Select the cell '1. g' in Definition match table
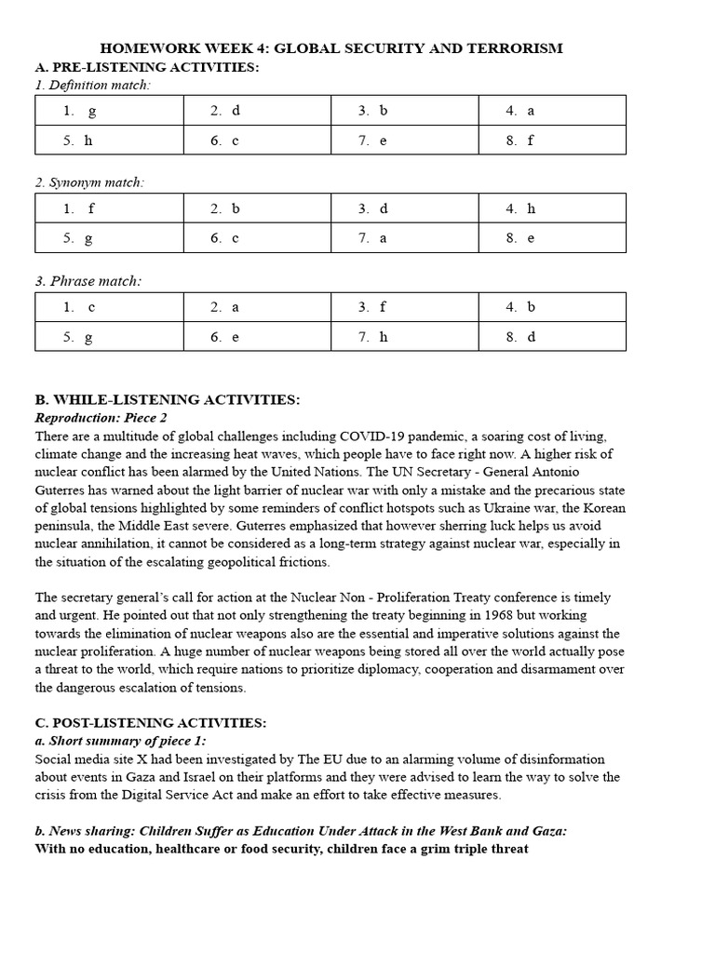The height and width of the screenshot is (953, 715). [108, 111]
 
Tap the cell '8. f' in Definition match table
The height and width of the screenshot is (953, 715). [552, 141]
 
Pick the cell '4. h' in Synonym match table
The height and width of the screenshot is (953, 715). [552, 208]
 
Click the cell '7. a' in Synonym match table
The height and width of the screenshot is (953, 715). [404, 238]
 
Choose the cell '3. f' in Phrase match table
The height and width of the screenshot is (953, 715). [404, 307]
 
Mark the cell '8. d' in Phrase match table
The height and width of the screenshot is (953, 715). [552, 337]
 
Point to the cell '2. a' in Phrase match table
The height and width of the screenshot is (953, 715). [256, 307]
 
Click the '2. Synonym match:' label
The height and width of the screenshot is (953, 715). [89, 182]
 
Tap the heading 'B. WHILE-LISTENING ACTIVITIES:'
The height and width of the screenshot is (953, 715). [167, 400]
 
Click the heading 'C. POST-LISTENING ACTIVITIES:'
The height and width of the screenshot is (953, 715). [150, 723]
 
